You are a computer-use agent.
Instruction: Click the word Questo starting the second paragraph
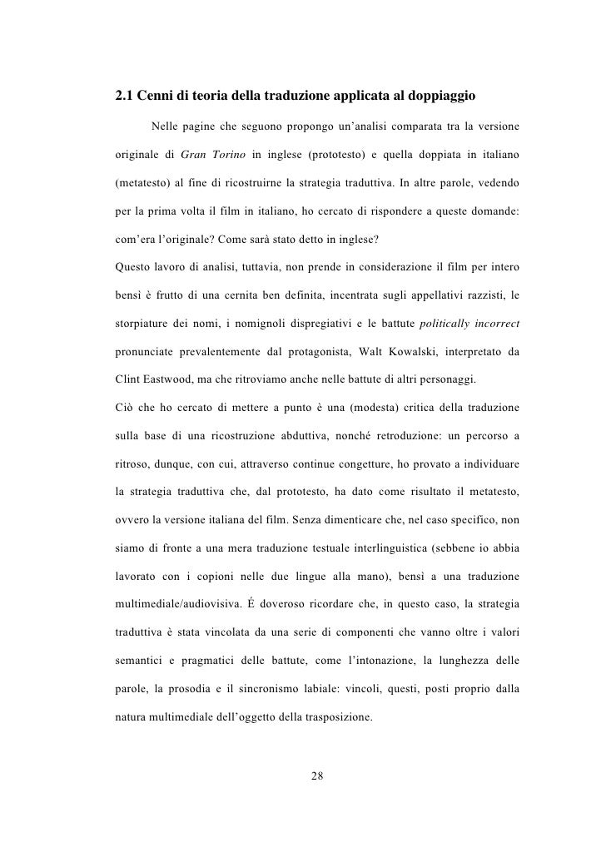click(135, 266)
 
